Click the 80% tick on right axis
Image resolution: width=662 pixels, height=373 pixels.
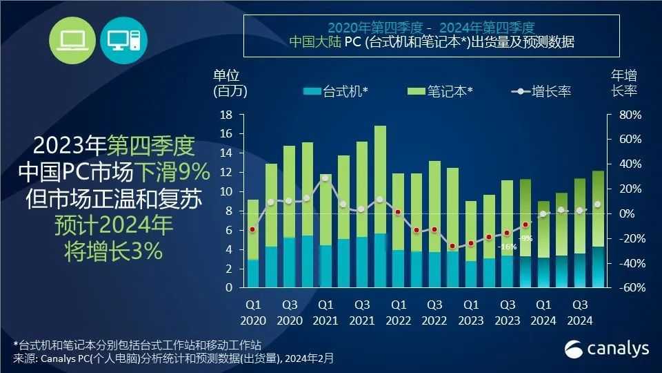click(630, 115)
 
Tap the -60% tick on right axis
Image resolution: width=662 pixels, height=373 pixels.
click(629, 288)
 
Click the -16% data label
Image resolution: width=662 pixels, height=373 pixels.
click(508, 247)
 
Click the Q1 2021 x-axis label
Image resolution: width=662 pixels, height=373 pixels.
click(325, 313)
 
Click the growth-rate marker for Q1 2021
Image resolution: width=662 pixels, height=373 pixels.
click(325, 178)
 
